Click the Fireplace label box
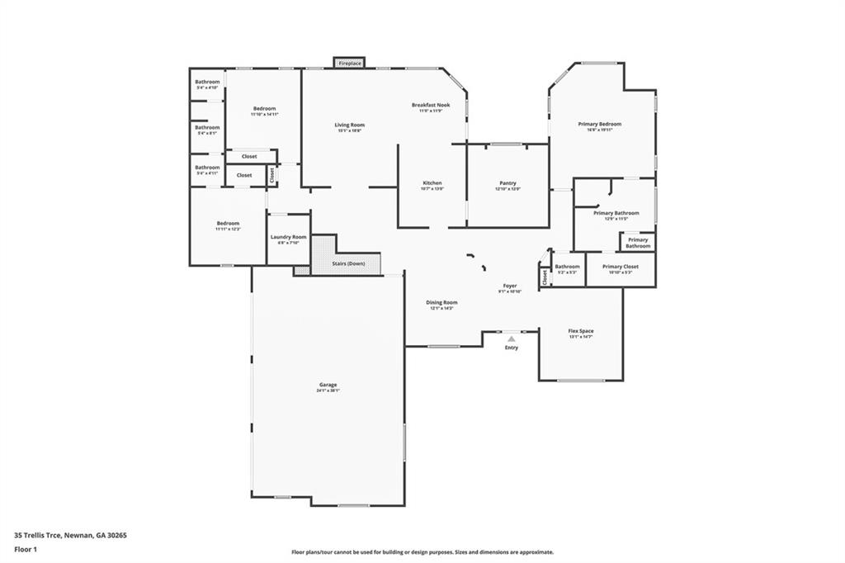tap(350, 63)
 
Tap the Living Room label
tap(350, 125)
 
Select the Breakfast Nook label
tap(431, 105)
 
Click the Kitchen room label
tap(432, 183)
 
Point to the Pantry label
tap(507, 183)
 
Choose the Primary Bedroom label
tap(604, 125)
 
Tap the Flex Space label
tap(581, 331)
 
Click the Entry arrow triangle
tap(512, 338)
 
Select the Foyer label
tap(510, 286)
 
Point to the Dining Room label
tap(442, 303)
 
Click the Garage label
tap(328, 385)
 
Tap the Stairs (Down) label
tap(348, 264)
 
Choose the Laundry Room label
tap(288, 238)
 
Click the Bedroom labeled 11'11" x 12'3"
tap(228, 224)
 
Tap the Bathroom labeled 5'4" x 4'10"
tap(207, 83)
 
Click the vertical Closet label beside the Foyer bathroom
tap(545, 278)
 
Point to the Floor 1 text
tap(26, 549)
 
